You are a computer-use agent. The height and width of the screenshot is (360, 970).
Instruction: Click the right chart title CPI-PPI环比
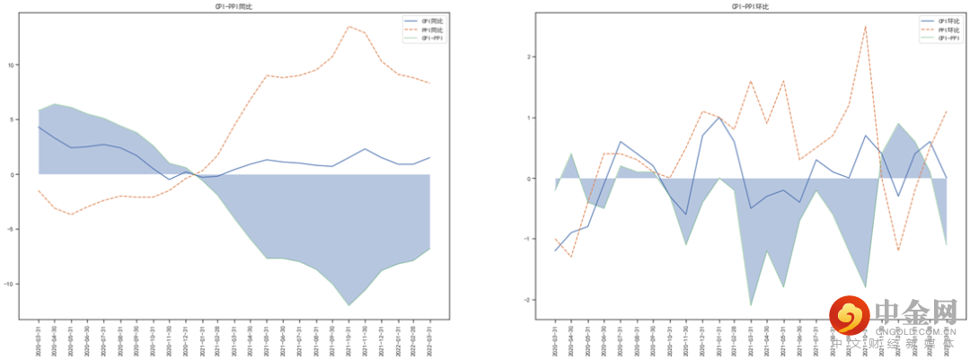pyautogui.click(x=750, y=6)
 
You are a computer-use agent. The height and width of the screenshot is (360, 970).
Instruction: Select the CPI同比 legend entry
pyautogui.click(x=430, y=21)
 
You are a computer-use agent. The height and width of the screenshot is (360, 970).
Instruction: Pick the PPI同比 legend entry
pyautogui.click(x=430, y=30)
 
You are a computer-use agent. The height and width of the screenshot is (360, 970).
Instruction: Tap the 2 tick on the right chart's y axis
pyautogui.click(x=531, y=57)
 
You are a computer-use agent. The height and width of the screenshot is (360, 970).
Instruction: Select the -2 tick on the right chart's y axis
pyautogui.click(x=529, y=300)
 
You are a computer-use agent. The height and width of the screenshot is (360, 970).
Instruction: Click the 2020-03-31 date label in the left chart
pyautogui.click(x=39, y=342)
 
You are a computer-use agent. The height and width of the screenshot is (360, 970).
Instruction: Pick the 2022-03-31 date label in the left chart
pyautogui.click(x=429, y=342)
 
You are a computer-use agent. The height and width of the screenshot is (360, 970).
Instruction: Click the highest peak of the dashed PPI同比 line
pyautogui.click(x=348, y=26)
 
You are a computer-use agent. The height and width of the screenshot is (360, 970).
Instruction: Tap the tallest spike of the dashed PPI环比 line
pyautogui.click(x=865, y=26)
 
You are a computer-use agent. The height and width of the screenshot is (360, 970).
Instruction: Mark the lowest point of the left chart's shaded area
pyautogui.click(x=348, y=306)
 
